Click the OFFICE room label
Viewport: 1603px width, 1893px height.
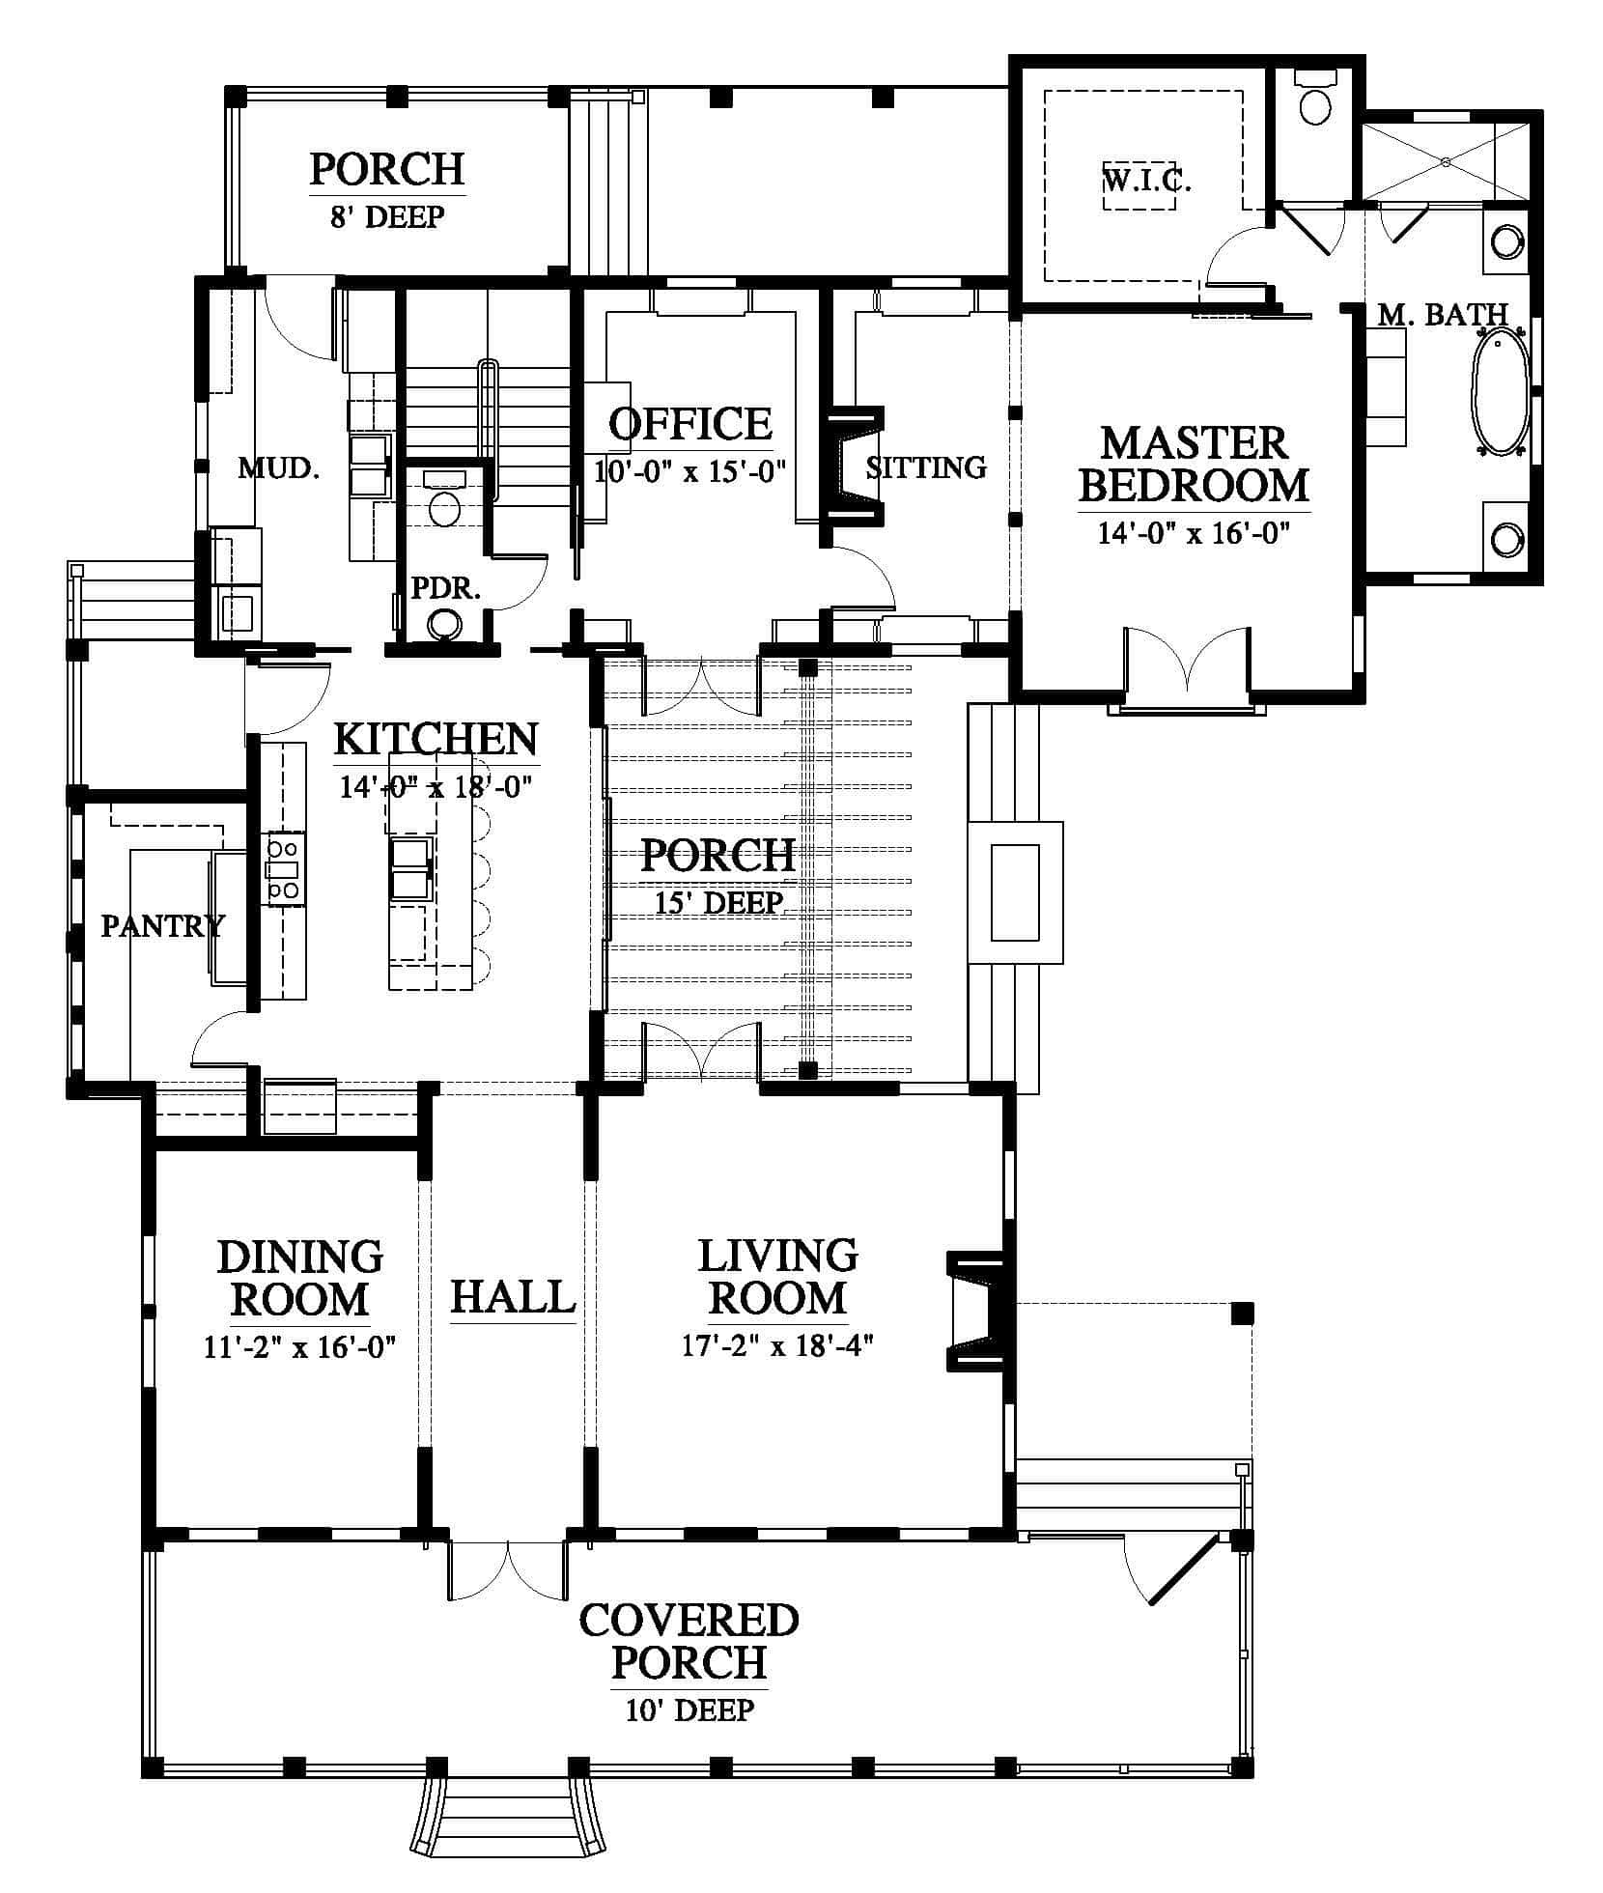point(690,423)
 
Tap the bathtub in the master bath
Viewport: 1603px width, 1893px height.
point(1500,391)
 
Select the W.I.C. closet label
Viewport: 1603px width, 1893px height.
point(1146,181)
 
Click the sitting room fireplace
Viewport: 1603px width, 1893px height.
point(854,465)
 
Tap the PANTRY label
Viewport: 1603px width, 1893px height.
point(162,926)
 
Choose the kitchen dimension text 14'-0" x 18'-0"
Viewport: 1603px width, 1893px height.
point(436,786)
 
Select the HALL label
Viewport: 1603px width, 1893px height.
point(513,1297)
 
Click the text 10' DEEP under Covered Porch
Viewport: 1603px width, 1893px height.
point(689,1738)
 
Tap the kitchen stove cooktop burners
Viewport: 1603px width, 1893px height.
point(284,868)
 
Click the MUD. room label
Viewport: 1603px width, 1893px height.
point(279,469)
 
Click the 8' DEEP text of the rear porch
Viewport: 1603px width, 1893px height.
point(387,216)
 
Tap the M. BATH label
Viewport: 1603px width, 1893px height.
point(1443,314)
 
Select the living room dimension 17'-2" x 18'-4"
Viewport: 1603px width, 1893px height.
point(777,1346)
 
